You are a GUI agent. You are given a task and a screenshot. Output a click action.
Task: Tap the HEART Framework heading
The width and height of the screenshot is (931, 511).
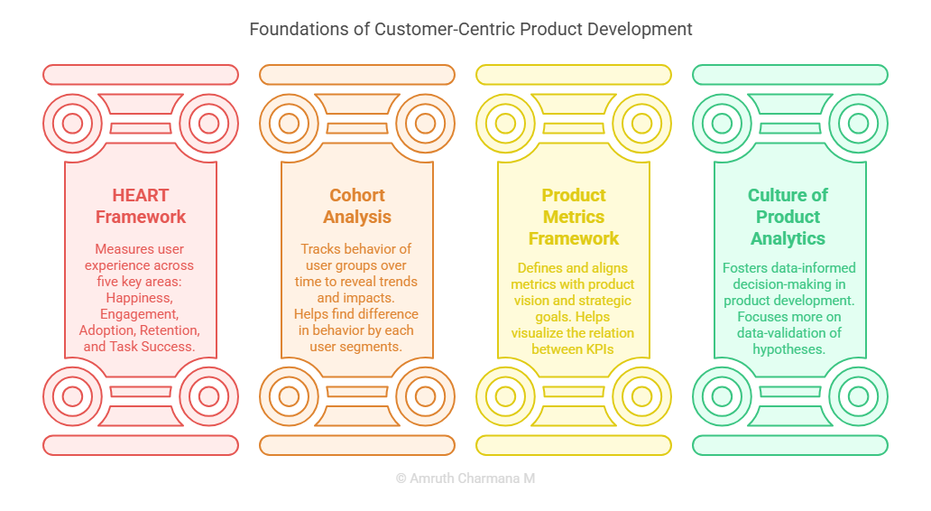coord(141,206)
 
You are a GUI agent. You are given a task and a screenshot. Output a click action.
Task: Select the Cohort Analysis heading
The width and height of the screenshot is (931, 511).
coord(357,206)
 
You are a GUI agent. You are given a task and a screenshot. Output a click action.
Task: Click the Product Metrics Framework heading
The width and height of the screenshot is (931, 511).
coord(574,217)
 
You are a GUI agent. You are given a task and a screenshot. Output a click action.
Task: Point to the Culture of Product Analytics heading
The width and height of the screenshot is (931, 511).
coord(788,217)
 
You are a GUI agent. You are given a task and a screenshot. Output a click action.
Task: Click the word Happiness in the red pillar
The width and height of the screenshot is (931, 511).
coord(139,298)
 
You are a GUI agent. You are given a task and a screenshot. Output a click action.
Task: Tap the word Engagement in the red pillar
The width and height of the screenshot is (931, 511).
coord(139,313)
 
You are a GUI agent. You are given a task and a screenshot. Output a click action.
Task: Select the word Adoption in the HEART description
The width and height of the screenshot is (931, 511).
coord(107,330)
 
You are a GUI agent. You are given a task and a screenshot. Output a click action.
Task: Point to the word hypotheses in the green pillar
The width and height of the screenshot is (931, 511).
coord(789,349)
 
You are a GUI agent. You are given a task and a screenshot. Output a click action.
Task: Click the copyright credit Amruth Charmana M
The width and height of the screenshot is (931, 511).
coord(465,478)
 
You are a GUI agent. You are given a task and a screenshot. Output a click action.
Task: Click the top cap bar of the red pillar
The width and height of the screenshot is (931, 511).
coord(141,75)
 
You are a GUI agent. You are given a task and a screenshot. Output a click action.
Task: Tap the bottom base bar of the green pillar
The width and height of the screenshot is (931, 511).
coord(790,445)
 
